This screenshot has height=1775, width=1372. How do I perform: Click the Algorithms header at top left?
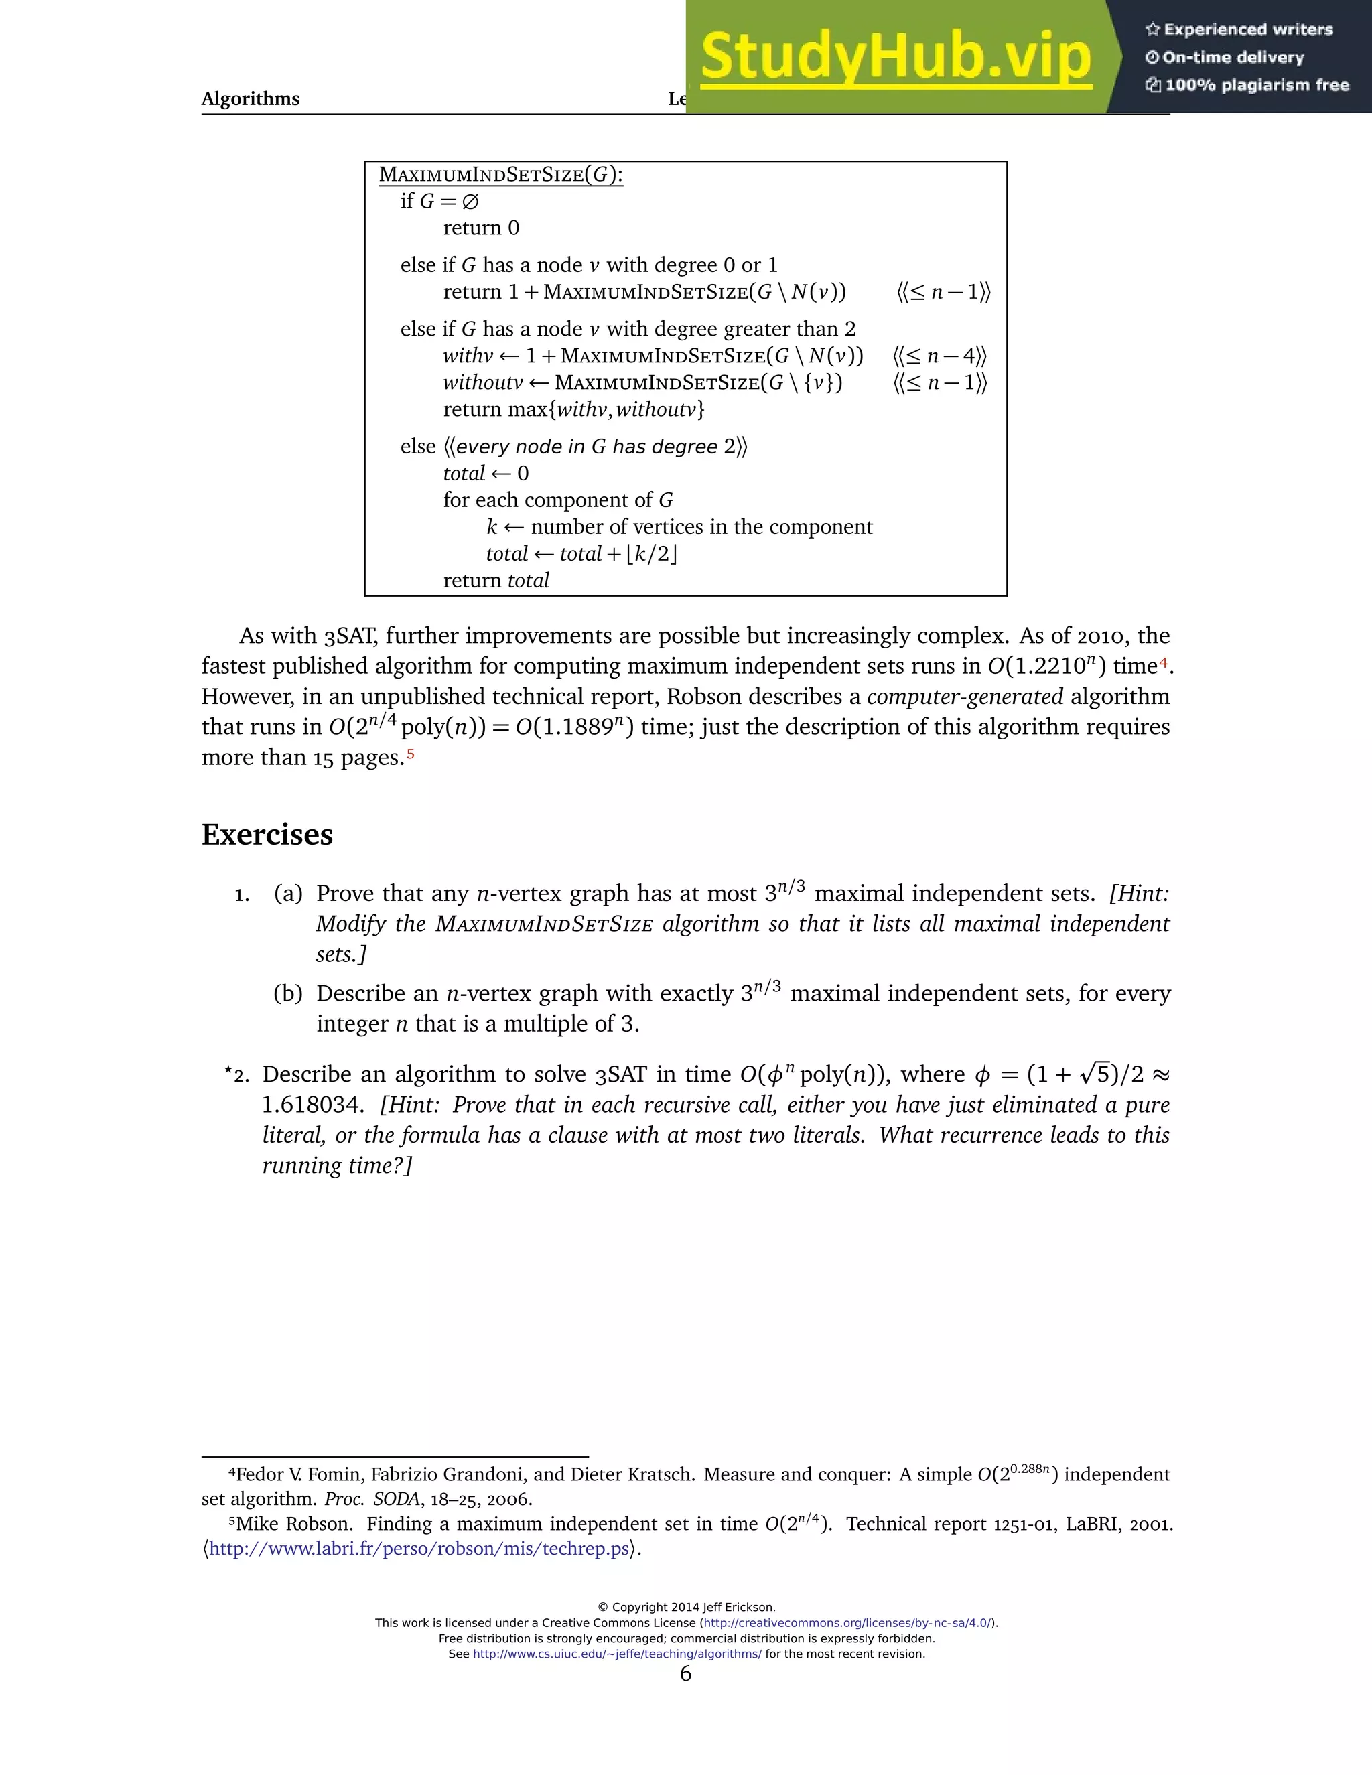(251, 99)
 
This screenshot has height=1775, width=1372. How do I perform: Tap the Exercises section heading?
(267, 835)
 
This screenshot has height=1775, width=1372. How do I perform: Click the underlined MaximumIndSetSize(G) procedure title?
(500, 175)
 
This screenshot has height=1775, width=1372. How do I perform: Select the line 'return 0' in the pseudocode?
(480, 228)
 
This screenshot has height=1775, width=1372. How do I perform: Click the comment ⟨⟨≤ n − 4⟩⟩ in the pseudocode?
(940, 356)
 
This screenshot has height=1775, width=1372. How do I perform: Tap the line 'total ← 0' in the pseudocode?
(485, 474)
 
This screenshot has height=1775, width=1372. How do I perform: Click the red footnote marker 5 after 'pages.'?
(411, 754)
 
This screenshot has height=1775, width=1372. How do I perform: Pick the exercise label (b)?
(287, 994)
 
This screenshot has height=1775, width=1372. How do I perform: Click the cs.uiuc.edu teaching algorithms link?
(617, 1654)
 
